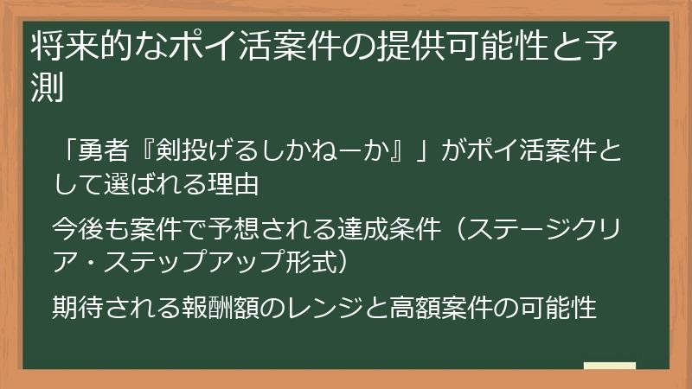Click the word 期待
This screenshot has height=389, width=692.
[78, 307]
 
